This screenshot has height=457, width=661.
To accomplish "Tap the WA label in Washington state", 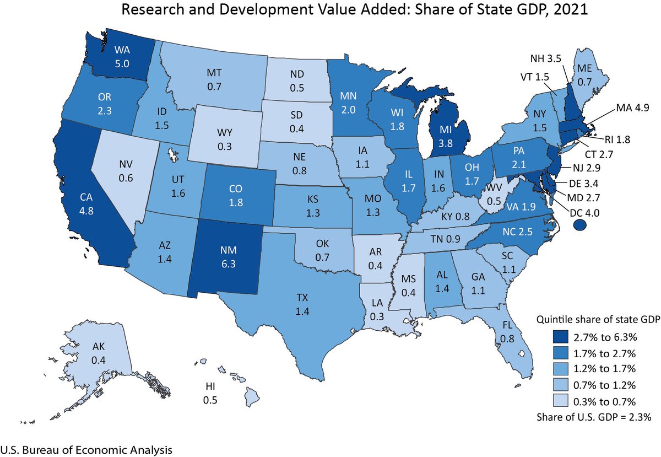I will (122, 51).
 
